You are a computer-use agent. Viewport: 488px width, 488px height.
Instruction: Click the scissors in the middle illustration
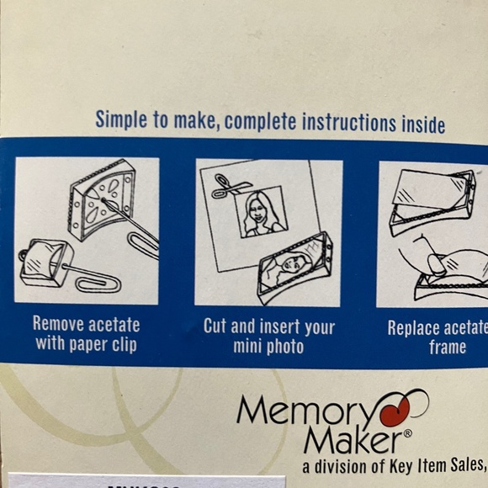point(226,187)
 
